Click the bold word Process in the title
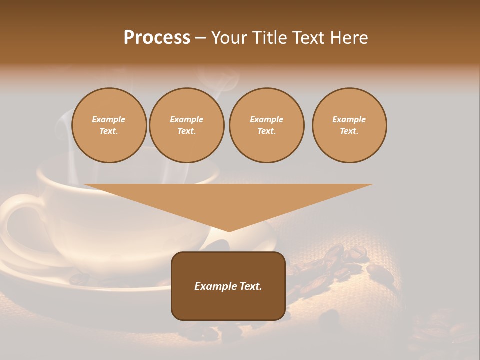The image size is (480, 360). click(x=157, y=37)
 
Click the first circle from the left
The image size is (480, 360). click(x=109, y=125)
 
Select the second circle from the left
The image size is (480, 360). click(x=187, y=125)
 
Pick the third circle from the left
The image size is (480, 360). click(x=266, y=125)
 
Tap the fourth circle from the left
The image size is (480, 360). click(x=349, y=125)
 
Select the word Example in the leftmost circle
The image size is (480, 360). click(x=109, y=119)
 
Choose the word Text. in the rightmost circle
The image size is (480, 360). click(x=349, y=131)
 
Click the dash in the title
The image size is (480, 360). click(x=200, y=37)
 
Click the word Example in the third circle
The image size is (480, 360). click(x=266, y=119)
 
